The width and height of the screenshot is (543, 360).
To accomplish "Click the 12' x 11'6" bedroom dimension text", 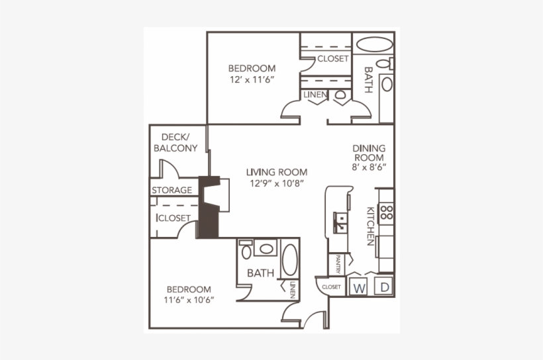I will click(x=252, y=79).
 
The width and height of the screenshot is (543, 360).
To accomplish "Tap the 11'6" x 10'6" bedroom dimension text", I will click(x=189, y=300).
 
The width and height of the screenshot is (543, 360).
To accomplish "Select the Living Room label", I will click(x=277, y=172).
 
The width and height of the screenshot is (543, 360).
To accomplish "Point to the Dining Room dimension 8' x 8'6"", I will click(x=369, y=168).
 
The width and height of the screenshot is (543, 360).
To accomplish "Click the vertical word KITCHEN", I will click(x=371, y=226).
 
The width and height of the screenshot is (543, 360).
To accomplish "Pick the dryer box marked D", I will click(x=383, y=288).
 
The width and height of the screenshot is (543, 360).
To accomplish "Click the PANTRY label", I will click(x=338, y=264).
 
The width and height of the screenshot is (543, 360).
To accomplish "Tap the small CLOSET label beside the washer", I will click(x=331, y=287).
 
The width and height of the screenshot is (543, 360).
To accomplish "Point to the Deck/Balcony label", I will click(x=175, y=142).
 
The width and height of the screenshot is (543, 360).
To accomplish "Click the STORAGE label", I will click(x=172, y=191).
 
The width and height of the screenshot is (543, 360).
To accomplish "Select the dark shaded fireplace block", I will click(x=209, y=206).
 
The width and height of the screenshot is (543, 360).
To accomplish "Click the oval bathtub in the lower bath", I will click(x=290, y=260).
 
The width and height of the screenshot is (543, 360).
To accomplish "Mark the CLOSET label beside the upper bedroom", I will click(x=332, y=59).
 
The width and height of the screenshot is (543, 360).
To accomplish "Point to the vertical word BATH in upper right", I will click(x=369, y=80).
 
